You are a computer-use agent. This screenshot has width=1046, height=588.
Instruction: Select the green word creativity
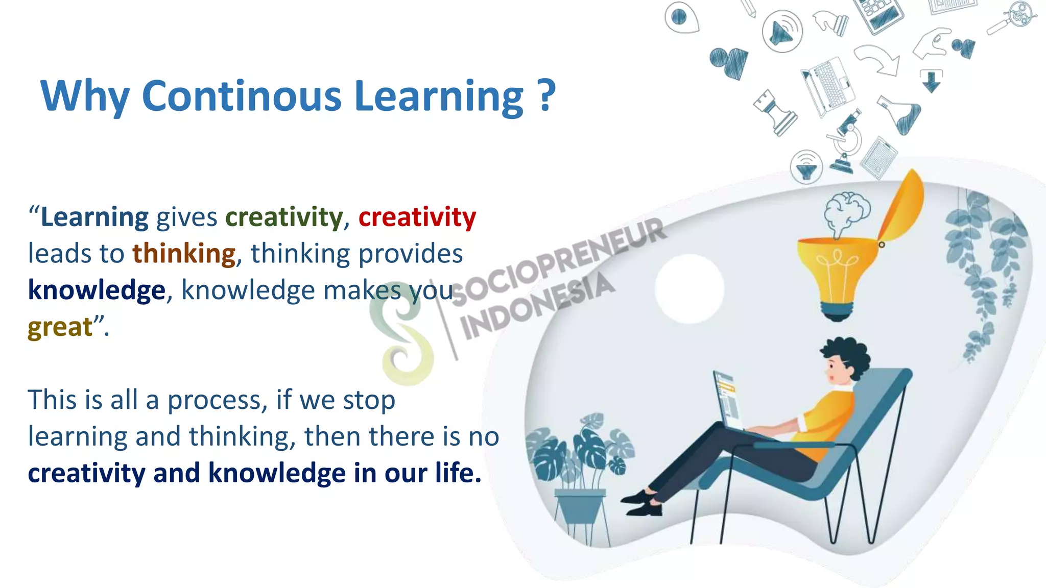[284, 217]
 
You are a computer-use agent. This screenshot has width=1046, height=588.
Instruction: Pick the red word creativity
[417, 217]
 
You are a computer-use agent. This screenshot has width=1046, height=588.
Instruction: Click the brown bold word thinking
[184, 253]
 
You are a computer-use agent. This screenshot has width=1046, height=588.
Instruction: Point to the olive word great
[60, 327]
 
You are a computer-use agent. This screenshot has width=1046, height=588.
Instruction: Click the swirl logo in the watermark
[403, 332]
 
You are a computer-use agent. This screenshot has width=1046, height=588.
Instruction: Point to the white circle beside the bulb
[689, 288]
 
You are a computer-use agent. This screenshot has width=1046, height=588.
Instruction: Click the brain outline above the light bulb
[846, 211]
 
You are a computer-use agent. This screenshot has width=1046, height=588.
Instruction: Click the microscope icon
[846, 140]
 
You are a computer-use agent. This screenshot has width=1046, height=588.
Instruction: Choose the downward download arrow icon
[931, 81]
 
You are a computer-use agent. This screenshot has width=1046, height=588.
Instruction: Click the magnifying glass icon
[1011, 18]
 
